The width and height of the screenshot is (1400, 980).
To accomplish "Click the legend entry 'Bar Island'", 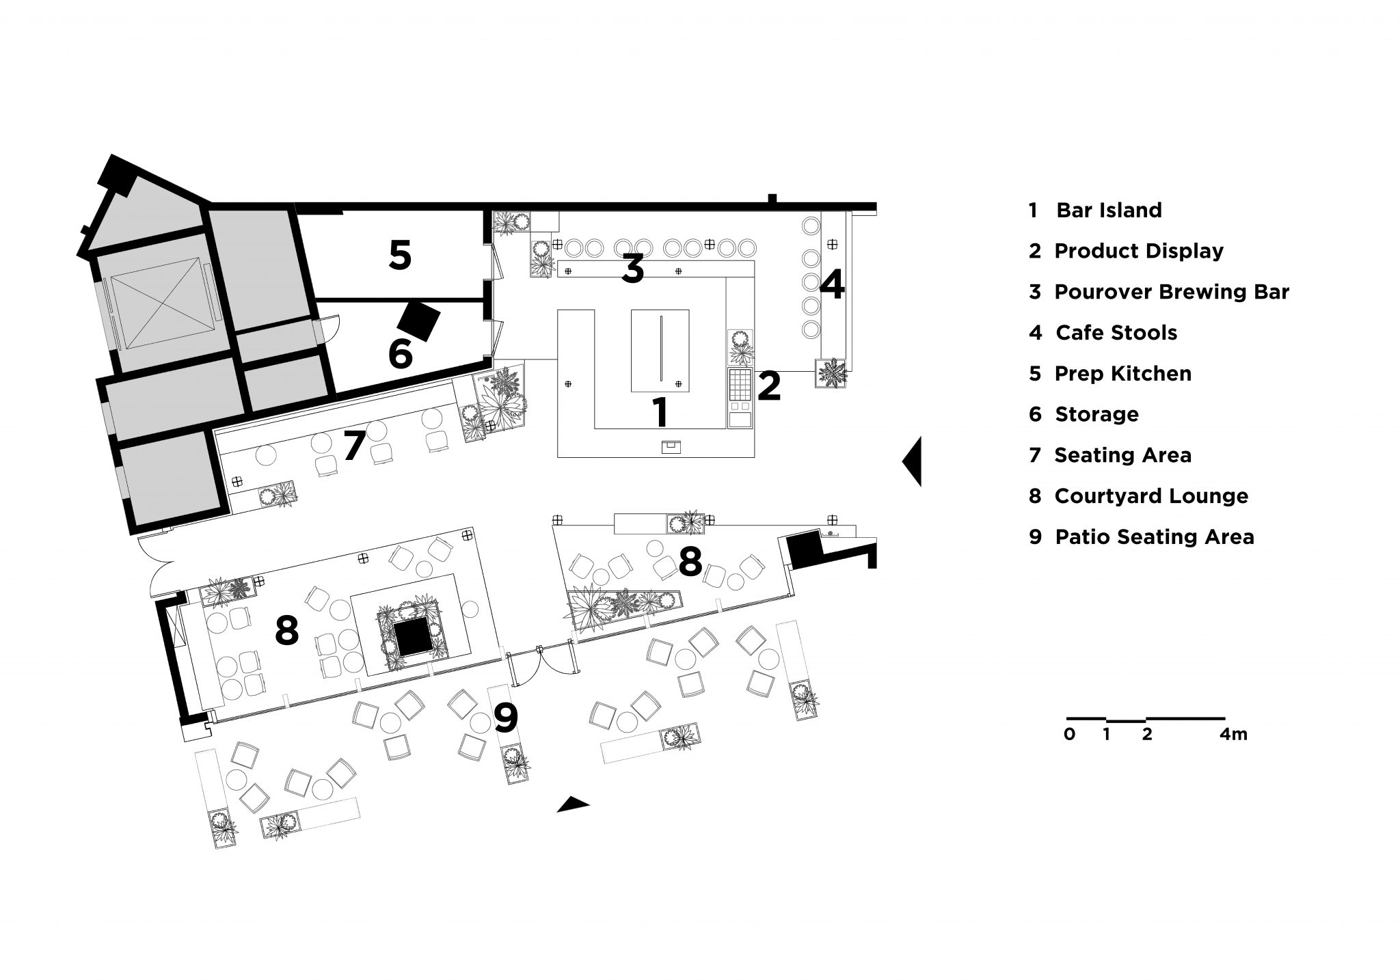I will tap(1108, 210).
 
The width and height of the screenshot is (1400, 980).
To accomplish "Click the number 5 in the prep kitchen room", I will tap(400, 255).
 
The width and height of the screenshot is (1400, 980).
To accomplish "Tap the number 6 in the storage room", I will tap(400, 354).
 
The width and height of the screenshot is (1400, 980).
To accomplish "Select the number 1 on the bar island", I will tap(660, 412).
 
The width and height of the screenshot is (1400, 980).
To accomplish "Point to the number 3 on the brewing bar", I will tap(633, 269).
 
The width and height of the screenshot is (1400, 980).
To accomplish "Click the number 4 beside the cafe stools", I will tap(831, 286).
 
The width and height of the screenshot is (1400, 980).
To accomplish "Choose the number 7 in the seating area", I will tap(354, 446).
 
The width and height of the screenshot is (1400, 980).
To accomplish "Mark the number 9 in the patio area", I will tap(505, 718).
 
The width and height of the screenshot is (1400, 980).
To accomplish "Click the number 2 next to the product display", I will tap(769, 386).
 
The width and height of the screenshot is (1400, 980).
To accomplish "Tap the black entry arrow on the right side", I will tap(913, 462).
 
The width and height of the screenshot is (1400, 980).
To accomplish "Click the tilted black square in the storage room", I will tap(418, 321).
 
